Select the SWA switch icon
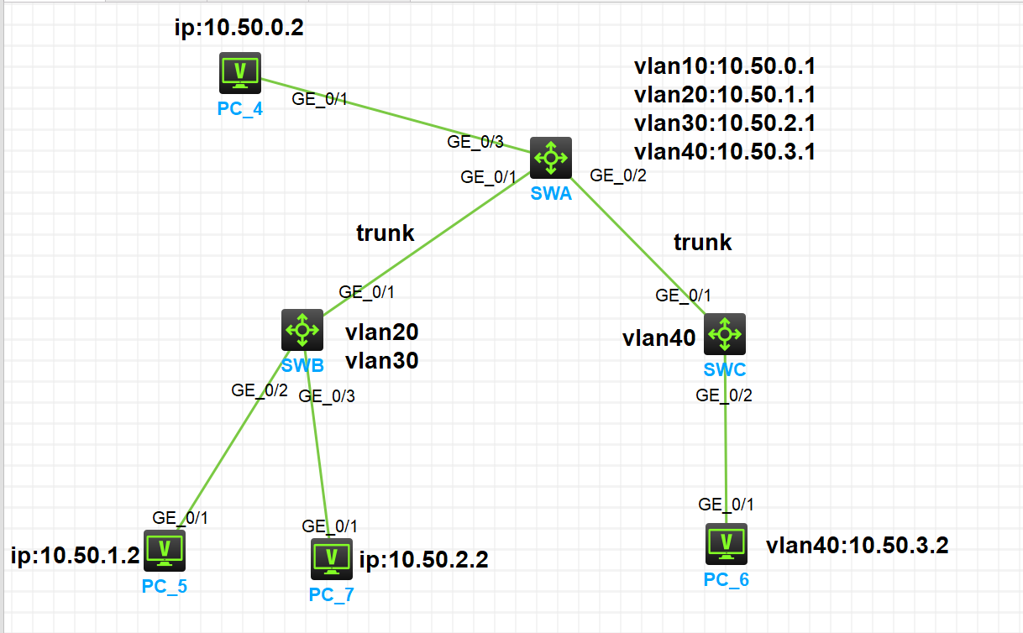[x=551, y=158]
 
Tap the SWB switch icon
[x=302, y=330]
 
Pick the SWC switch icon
[x=724, y=334]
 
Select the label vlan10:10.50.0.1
[x=725, y=66]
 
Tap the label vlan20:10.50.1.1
[x=725, y=95]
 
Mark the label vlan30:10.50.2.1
[x=725, y=123]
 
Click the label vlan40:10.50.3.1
[x=725, y=152]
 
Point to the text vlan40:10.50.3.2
[x=857, y=546]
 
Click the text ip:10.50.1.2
[x=75, y=555]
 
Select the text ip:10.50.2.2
[x=423, y=559]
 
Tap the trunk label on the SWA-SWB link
[x=385, y=233]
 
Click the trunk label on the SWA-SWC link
[x=703, y=243]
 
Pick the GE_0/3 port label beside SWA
[x=475, y=142]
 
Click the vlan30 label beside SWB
[x=381, y=361]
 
